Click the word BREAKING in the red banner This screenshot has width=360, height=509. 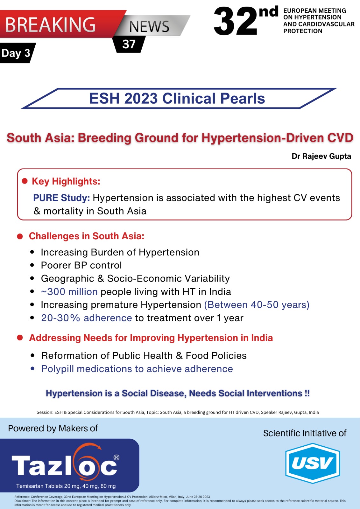[50, 25]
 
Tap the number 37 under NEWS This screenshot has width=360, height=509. [129, 44]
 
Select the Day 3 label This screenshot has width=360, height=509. [16, 53]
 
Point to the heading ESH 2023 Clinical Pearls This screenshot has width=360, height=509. [177, 98]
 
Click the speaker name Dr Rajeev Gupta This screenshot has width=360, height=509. [321, 156]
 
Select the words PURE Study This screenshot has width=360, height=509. [61, 198]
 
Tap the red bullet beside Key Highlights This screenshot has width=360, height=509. [25, 181]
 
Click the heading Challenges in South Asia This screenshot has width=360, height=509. [86, 236]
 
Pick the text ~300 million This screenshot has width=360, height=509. [69, 291]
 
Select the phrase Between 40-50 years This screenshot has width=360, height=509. [257, 305]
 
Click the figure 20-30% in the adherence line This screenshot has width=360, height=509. [60, 318]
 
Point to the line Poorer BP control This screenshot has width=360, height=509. [81, 265]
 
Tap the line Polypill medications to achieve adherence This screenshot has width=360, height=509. [137, 369]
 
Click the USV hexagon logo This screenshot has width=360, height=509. [313, 463]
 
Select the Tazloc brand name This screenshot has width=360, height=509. [65, 465]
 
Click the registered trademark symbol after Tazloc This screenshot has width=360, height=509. [116, 457]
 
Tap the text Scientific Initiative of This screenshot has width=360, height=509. [305, 433]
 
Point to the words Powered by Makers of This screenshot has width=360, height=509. [53, 428]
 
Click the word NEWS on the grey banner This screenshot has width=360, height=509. [149, 26]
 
